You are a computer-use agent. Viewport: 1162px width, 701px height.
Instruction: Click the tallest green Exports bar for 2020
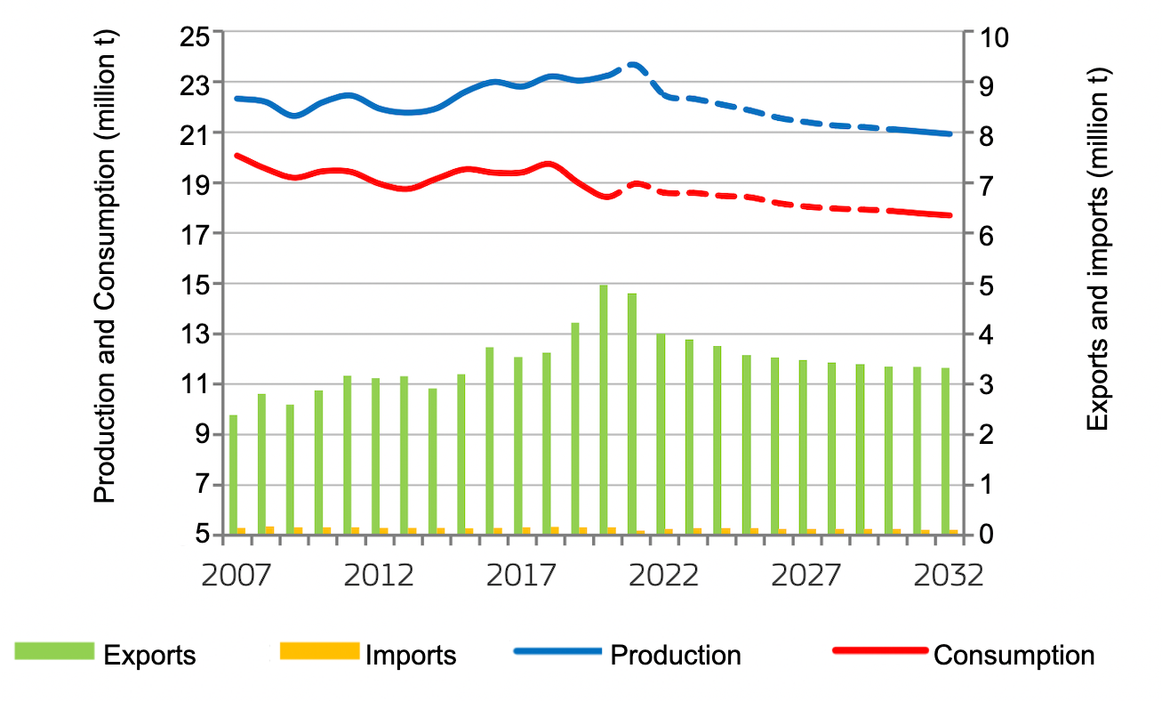pyautogui.click(x=604, y=409)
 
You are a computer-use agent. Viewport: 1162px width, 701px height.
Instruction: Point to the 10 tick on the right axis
pyautogui.click(x=992, y=34)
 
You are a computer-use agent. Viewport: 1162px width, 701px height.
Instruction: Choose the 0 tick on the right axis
pyautogui.click(x=985, y=535)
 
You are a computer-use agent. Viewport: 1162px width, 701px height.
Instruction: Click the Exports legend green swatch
pyautogui.click(x=54, y=651)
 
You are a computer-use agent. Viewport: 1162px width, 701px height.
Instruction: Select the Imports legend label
pyautogui.click(x=411, y=657)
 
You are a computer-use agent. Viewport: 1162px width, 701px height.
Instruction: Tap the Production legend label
pyautogui.click(x=675, y=656)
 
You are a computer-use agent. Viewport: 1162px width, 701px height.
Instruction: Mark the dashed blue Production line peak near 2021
pyautogui.click(x=633, y=64)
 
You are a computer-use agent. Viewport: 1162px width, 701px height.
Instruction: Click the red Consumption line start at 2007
pyautogui.click(x=236, y=156)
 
